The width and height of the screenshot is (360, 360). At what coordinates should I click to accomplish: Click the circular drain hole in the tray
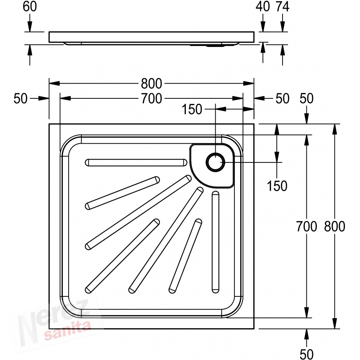pos(215,162)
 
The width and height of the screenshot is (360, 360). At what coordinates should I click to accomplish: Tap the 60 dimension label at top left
pos(30,6)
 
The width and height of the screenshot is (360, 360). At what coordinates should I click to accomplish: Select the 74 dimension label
pos(283,6)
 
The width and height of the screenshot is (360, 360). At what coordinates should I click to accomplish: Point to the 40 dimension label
pos(262,6)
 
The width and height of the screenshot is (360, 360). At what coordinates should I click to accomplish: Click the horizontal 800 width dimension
pos(151,83)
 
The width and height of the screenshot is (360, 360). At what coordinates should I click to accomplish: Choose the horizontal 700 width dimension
pos(151,98)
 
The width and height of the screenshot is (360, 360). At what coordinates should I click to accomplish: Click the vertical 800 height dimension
pos(334,226)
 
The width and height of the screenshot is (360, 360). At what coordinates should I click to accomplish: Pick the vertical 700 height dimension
pos(306,226)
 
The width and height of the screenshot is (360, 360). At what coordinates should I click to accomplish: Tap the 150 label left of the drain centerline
pos(192,109)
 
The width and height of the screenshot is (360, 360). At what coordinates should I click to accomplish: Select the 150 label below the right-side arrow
pos(277,186)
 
